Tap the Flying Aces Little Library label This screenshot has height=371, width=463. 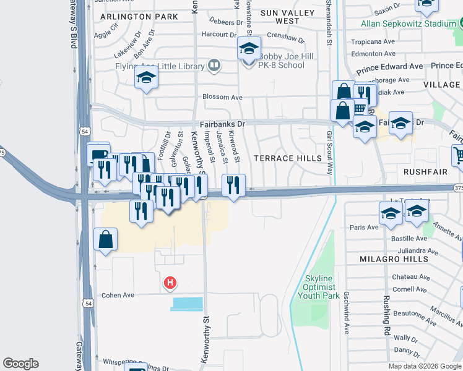click(160, 66)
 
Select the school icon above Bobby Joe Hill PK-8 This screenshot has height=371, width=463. click(249, 49)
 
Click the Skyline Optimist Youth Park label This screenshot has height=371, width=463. click(320, 287)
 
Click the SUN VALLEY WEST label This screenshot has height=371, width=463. click(280, 17)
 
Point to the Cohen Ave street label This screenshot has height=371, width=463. click(118, 295)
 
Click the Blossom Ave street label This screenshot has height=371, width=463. click(223, 97)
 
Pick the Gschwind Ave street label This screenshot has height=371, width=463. click(346, 309)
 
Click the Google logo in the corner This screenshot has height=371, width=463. click(21, 364)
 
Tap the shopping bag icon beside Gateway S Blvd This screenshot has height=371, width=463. click(106, 239)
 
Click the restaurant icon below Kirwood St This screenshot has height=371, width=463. click(233, 185)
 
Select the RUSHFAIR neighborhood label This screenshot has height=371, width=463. click(425, 171)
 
